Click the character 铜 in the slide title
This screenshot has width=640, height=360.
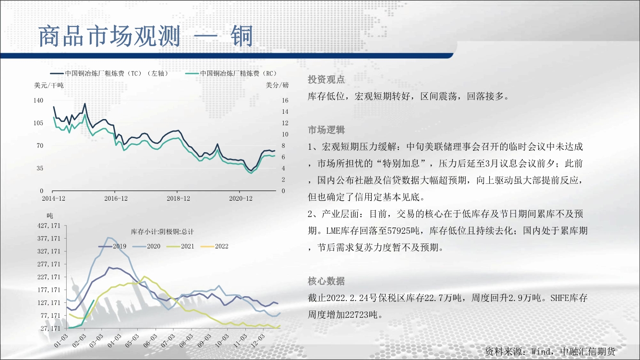242,36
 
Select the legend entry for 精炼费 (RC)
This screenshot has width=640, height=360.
231,73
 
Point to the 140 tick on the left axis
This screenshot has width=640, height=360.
38,100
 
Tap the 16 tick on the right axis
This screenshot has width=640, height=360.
285,100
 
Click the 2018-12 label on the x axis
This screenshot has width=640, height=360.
178,198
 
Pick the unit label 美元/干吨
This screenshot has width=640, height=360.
49,85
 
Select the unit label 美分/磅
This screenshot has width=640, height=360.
277,85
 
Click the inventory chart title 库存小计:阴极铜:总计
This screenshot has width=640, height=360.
162,232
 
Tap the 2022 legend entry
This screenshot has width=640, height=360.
215,246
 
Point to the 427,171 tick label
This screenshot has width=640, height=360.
49,226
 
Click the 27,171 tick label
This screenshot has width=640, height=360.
50,329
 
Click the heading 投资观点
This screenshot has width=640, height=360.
326,79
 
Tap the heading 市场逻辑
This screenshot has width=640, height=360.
326,130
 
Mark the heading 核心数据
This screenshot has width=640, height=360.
326,281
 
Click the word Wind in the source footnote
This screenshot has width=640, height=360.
541,351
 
